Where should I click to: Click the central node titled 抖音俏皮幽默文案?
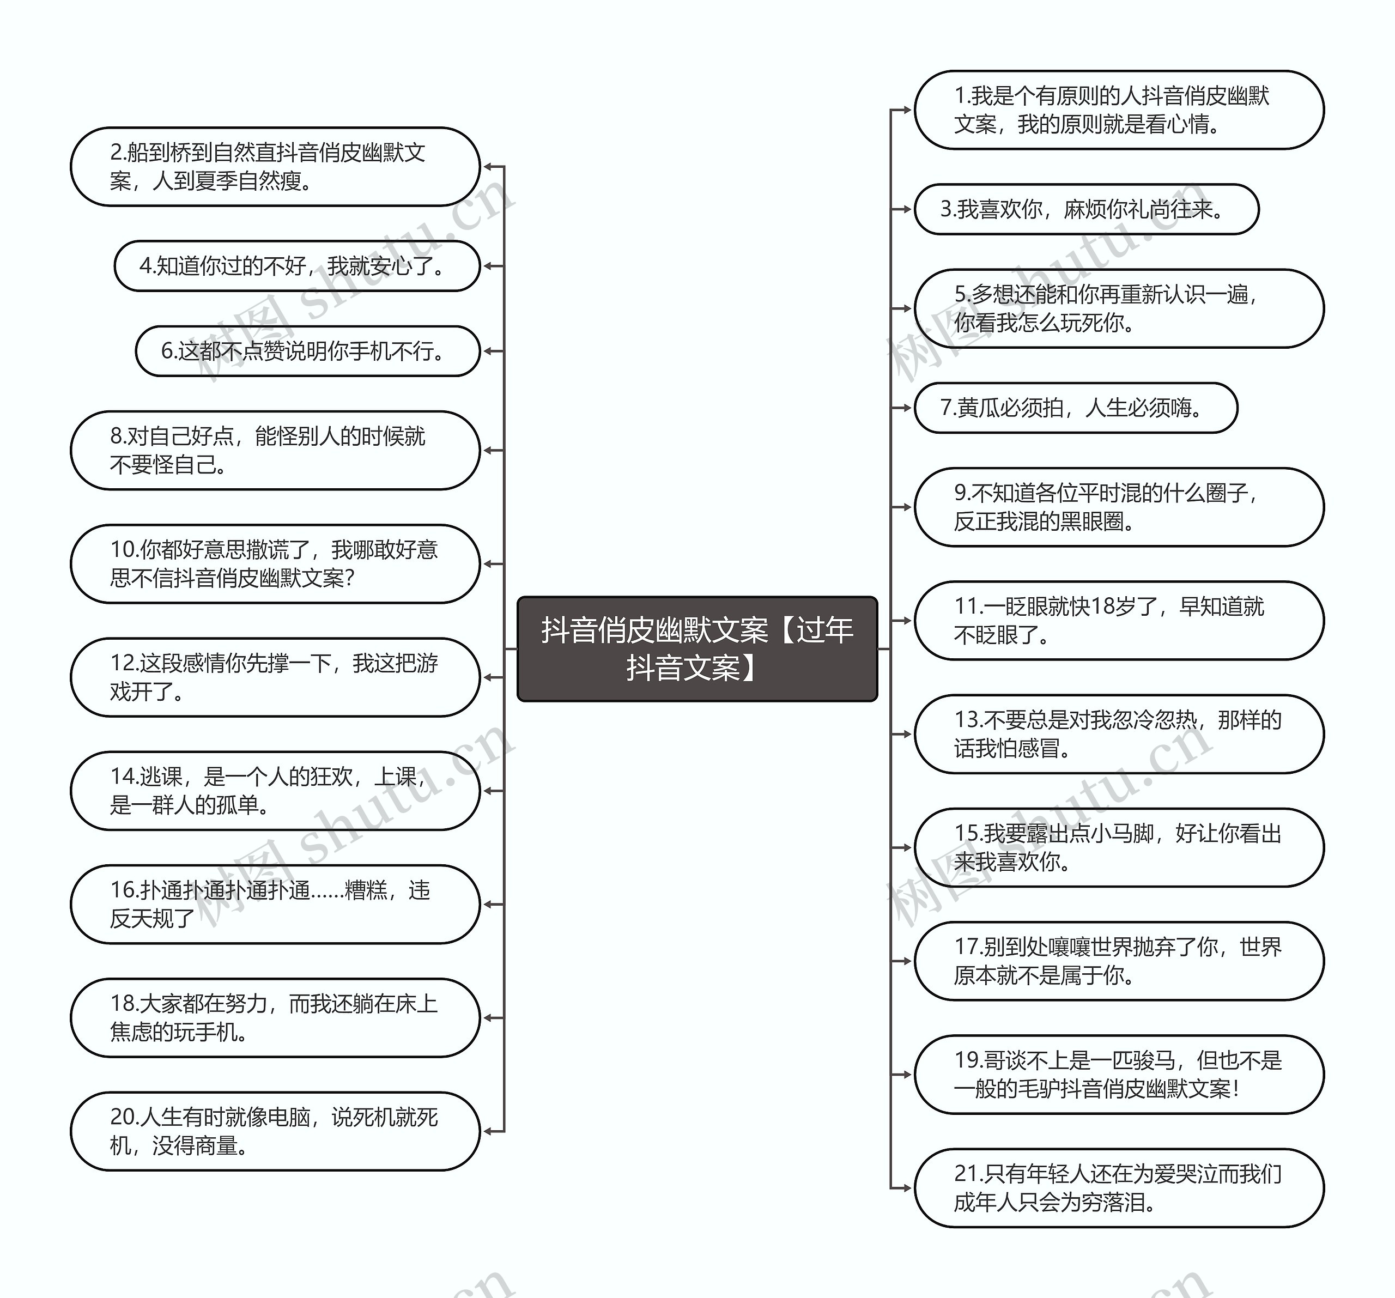tap(697, 648)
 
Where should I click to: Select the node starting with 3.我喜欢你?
tap(1086, 209)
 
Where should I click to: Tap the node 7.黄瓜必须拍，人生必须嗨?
tap(1075, 408)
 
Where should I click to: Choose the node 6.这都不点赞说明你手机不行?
tap(307, 351)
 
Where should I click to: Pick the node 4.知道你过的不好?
tap(297, 266)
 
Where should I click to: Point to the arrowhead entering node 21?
tap(907, 1188)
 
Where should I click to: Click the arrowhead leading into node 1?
tap(907, 110)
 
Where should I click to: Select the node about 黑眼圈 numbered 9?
tap(1119, 507)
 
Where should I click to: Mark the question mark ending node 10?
tap(350, 579)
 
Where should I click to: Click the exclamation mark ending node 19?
tap(1236, 1089)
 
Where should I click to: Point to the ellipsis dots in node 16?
tap(327, 891)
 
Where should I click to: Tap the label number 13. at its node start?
tap(968, 720)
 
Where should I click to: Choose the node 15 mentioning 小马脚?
tap(1119, 847)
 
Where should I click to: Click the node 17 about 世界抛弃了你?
tap(1119, 961)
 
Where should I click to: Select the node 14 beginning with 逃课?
tap(275, 791)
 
